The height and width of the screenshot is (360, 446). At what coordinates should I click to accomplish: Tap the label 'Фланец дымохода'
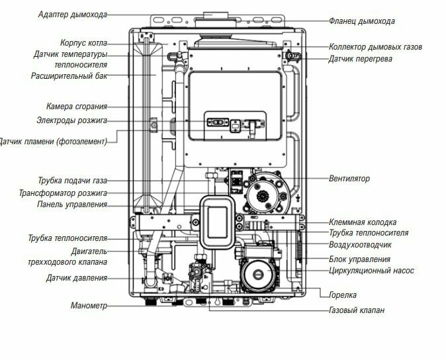(x=361, y=21)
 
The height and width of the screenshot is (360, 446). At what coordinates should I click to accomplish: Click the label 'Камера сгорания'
(x=76, y=107)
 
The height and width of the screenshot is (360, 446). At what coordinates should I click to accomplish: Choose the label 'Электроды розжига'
(x=71, y=120)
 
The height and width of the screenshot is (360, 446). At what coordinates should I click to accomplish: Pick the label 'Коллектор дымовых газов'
(x=375, y=47)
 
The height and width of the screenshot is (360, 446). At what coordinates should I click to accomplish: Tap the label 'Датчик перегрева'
(x=360, y=59)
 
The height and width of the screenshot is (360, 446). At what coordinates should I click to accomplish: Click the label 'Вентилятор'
(x=349, y=179)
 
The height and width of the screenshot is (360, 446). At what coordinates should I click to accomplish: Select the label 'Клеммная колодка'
(x=363, y=222)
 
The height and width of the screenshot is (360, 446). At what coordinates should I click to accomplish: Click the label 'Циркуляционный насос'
(x=371, y=270)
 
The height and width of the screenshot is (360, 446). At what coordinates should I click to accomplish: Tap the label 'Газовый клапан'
(x=356, y=310)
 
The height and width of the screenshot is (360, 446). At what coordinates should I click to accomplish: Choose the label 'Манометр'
(x=89, y=306)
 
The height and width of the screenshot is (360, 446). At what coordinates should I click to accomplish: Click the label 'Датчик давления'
(x=76, y=278)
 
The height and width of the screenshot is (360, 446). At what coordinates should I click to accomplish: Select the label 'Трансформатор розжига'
(x=63, y=193)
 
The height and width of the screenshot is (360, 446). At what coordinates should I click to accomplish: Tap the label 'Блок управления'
(x=359, y=259)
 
